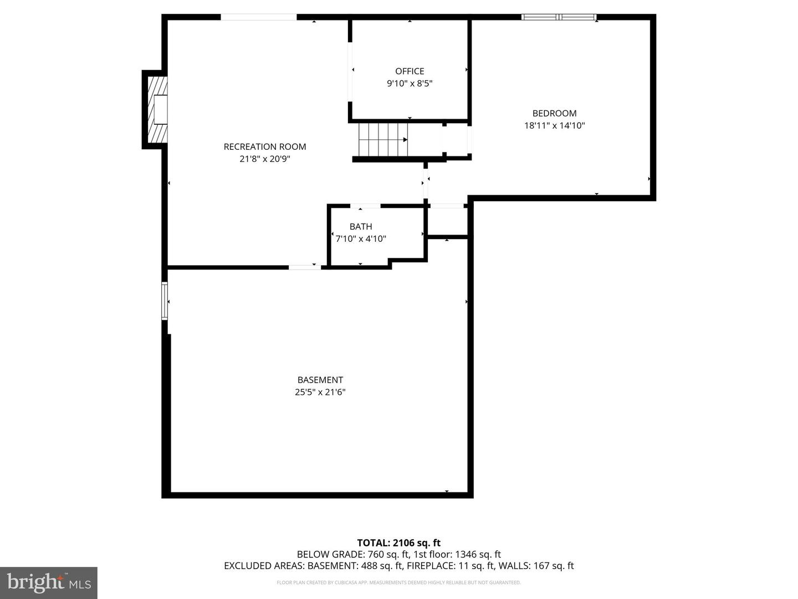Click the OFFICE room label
click(x=410, y=71)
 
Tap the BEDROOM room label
click(x=554, y=113)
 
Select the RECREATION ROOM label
click(x=264, y=146)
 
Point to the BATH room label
click(x=361, y=226)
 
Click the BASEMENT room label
click(x=320, y=380)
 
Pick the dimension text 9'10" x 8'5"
click(x=410, y=84)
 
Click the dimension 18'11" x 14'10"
click(x=554, y=125)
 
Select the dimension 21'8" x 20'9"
click(x=264, y=159)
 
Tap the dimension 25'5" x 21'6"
click(x=320, y=392)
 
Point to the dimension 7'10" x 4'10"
click(x=361, y=239)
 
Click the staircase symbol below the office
click(x=382, y=140)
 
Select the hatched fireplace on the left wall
click(x=158, y=109)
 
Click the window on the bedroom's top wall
click(x=559, y=17)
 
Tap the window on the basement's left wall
click(x=165, y=301)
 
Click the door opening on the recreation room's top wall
click(x=259, y=17)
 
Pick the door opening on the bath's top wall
click(x=366, y=206)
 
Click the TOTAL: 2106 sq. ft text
click(x=398, y=543)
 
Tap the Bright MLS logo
click(x=49, y=582)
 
